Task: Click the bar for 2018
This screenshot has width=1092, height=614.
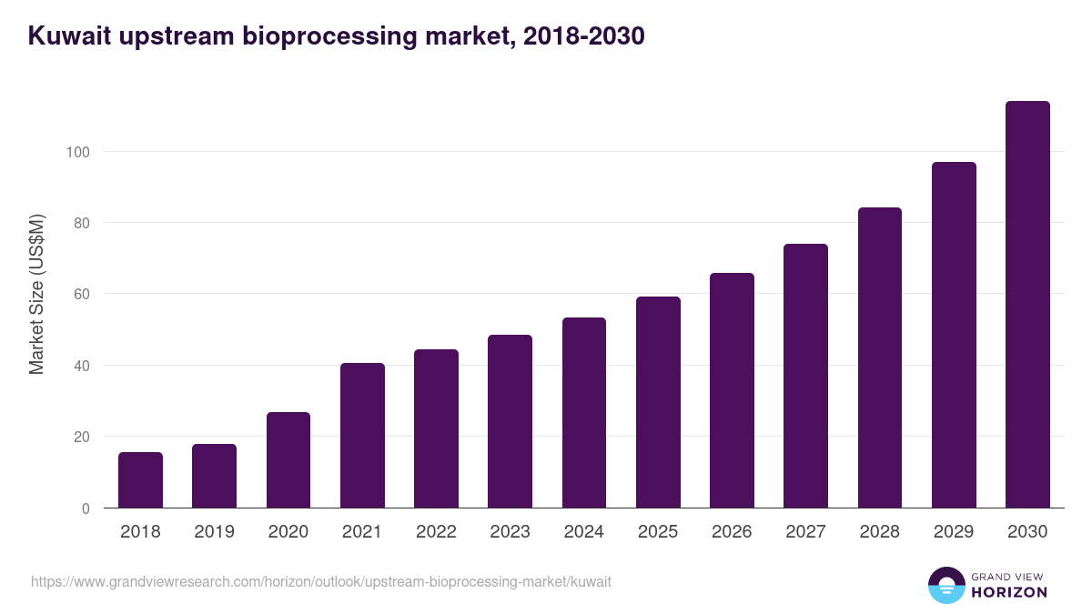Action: (140, 480)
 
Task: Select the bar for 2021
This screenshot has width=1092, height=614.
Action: (362, 436)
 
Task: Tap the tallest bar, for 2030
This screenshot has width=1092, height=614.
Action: (1027, 305)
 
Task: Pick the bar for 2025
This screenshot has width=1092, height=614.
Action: (658, 402)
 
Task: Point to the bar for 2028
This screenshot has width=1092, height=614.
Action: (880, 357)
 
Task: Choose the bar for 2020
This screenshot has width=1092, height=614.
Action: (288, 460)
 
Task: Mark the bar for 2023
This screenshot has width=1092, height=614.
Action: (510, 421)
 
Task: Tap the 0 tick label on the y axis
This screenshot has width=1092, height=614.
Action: (86, 508)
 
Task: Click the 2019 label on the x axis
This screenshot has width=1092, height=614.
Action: (214, 532)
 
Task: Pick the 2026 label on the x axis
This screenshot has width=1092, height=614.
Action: (732, 532)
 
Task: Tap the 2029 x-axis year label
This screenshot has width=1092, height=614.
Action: (954, 532)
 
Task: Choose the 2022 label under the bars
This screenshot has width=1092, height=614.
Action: (436, 532)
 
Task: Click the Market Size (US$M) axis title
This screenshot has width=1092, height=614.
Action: (36, 293)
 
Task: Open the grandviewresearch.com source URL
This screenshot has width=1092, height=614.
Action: (320, 581)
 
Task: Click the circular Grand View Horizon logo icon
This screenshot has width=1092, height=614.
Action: (945, 586)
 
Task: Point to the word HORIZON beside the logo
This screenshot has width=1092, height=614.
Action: (1009, 592)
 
